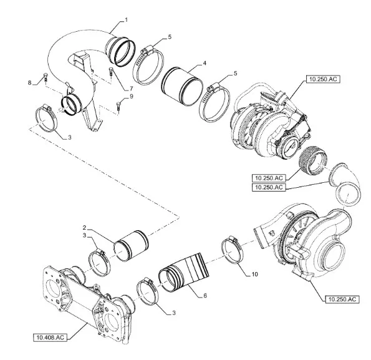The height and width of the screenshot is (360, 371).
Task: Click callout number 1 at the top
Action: pos(127,20)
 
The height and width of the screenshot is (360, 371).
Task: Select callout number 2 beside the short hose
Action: pos(85,228)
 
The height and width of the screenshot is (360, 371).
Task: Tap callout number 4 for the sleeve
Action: pos(205,63)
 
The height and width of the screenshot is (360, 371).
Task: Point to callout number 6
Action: pos(205,296)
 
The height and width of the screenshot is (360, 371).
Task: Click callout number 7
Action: pos(131,89)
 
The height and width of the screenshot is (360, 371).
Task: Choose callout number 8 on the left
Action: pos(29,82)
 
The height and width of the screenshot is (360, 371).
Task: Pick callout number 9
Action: pos(132,97)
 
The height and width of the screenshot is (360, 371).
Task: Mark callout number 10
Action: pos(254,275)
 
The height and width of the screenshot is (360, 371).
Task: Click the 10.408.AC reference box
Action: pos(50,338)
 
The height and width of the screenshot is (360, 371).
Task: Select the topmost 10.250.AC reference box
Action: pos(323,79)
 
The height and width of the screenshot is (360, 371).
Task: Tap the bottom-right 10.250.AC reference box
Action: pos(342,299)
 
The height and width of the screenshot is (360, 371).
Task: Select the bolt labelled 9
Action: pos(118,105)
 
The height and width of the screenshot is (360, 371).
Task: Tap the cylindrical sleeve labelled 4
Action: pos(183,86)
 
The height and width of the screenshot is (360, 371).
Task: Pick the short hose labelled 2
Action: pos(132,245)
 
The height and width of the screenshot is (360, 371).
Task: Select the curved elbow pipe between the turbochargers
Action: pos(345,184)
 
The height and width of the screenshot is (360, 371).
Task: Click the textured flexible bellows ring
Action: pos(313,160)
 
